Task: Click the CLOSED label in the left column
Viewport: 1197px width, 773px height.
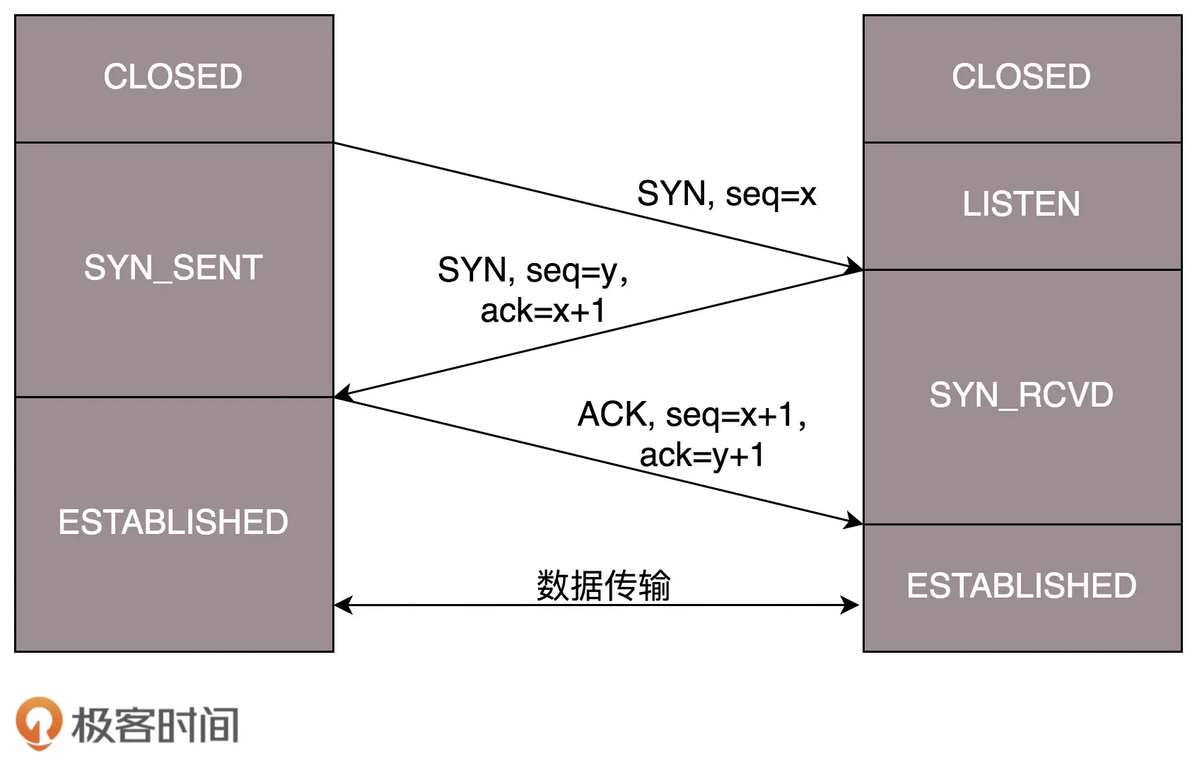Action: pyautogui.click(x=173, y=76)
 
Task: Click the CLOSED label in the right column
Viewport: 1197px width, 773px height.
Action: pyautogui.click(x=1021, y=76)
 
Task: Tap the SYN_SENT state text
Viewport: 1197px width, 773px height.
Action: pyautogui.click(x=173, y=268)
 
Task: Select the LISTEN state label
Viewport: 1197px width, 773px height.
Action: pyautogui.click(x=1021, y=204)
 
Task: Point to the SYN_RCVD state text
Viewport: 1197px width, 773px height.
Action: pyautogui.click(x=1021, y=395)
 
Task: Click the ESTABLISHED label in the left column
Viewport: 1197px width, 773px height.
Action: pyautogui.click(x=173, y=523)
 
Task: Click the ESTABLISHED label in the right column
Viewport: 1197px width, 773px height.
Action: pyautogui.click(x=1021, y=586)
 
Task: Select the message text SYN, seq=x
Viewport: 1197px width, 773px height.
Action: pyautogui.click(x=726, y=194)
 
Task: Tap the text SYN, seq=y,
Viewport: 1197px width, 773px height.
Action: pyautogui.click(x=532, y=270)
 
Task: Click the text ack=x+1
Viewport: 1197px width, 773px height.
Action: pyautogui.click(x=543, y=311)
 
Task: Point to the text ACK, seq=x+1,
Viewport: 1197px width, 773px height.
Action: pyautogui.click(x=691, y=414)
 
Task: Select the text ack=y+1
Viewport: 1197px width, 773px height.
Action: pyautogui.click(x=701, y=455)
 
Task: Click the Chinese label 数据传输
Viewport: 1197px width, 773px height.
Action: pyautogui.click(x=603, y=586)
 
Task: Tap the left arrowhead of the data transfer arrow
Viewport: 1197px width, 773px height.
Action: pyautogui.click(x=343, y=605)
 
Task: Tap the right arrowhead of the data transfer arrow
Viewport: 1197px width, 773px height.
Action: pyautogui.click(x=850, y=605)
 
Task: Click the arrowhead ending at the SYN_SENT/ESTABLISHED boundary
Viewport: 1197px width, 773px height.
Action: pyautogui.click(x=343, y=394)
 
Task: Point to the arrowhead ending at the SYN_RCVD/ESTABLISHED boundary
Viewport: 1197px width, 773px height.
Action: pyautogui.click(x=854, y=522)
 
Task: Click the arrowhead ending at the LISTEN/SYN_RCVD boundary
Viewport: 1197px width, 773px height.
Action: pyautogui.click(x=854, y=267)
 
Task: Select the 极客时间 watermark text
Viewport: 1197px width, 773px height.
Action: pyautogui.click(x=156, y=725)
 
